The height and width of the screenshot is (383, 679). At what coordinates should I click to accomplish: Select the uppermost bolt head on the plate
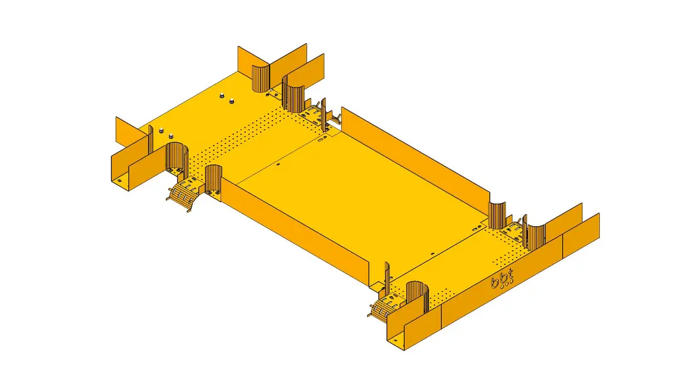coord(221,96)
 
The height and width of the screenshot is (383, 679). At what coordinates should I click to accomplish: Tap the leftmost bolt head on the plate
coord(160,130)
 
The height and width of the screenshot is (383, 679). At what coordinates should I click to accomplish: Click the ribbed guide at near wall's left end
coord(214,180)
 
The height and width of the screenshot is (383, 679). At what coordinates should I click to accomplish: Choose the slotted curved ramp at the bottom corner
coord(384,309)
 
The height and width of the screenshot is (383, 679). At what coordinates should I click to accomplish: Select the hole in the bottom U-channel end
coord(394,340)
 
